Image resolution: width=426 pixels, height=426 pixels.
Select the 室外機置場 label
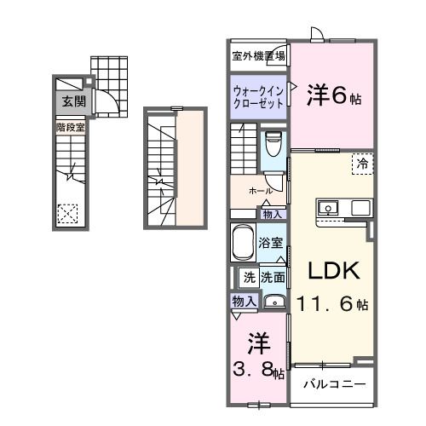coord(258,56)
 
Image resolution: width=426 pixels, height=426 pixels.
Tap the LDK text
coord(332,270)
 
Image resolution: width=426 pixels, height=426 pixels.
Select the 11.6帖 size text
coord(332,302)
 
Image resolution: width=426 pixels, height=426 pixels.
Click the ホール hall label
coord(260,192)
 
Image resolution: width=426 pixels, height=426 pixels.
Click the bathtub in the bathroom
coord(245,244)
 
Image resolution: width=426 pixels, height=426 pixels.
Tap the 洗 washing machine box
coord(249,276)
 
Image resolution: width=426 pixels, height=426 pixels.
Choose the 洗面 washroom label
coord(273,276)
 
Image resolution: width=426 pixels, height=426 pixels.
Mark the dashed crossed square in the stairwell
coord(67,213)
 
